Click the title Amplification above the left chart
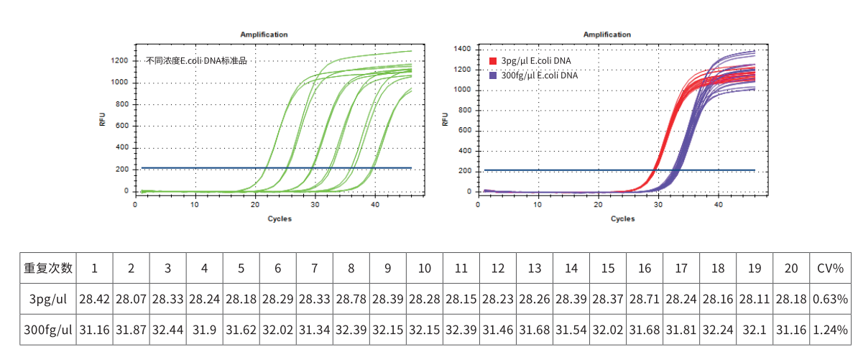264,34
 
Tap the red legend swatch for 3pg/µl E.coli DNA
493,60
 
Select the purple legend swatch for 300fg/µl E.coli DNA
493,75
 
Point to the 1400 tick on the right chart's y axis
462,49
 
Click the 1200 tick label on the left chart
119,61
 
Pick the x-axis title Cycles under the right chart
622,218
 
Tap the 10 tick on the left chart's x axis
195,205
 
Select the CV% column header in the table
829,268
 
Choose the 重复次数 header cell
48,268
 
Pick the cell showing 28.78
351,299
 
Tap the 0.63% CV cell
829,299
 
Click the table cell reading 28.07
131,299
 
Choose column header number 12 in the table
497,268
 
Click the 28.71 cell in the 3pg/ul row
645,299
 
